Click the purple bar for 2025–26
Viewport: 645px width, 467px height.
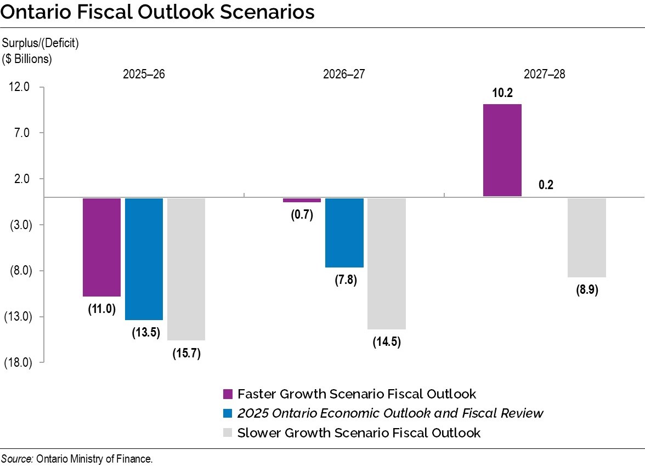tap(101, 247)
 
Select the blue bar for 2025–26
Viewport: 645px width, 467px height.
tap(144, 259)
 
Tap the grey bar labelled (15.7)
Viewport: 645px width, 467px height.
tap(186, 269)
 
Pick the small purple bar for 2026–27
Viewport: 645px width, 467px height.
tap(302, 200)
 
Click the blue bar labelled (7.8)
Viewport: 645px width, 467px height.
tap(344, 232)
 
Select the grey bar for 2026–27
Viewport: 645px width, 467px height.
tap(386, 263)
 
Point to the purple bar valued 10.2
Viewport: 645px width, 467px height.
tap(502, 150)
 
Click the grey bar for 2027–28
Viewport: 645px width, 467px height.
tap(586, 237)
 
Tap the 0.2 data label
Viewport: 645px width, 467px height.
tap(546, 185)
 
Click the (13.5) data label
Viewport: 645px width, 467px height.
tap(144, 333)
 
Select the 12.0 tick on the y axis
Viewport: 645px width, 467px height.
tap(19, 87)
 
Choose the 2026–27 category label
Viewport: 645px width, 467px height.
tap(344, 74)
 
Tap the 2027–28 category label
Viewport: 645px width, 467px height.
tap(544, 74)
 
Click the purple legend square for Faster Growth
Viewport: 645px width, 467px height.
tap(228, 394)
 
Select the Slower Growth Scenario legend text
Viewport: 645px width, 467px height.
tap(359, 433)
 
